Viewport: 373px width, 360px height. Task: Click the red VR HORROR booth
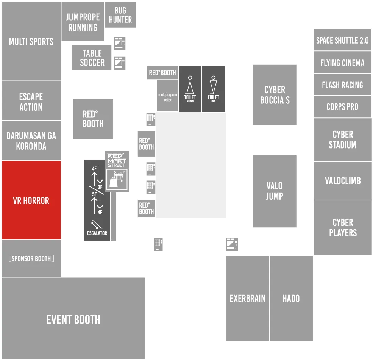pos(31,200)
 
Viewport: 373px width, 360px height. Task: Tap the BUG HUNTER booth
pos(120,14)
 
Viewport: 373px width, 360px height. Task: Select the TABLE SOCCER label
pos(92,58)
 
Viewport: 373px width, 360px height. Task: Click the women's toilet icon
pos(190,85)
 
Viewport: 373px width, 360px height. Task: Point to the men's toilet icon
pos(213,85)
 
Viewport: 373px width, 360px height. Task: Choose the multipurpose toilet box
pos(167,96)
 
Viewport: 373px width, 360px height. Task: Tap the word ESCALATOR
pos(97,233)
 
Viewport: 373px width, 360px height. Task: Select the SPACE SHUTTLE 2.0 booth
pos(343,40)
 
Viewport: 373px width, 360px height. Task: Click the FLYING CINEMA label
pos(342,63)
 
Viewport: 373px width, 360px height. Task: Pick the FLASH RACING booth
pos(343,85)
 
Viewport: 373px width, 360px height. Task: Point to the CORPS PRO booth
pos(343,106)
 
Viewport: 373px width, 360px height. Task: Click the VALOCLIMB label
pos(343,181)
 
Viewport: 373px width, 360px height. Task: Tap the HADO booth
pos(292,298)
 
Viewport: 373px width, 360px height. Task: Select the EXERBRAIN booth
pos(247,298)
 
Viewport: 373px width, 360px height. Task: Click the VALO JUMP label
pos(275,191)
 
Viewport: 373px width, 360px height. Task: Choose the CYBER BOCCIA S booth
pos(275,95)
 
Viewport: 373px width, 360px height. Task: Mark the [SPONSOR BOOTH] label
pos(31,258)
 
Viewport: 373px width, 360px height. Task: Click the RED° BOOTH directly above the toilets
pos(162,73)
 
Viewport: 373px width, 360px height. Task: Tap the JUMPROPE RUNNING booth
pos(83,21)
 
